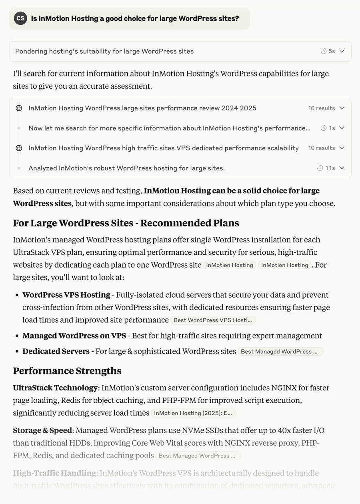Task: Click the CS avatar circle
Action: [x=20, y=18]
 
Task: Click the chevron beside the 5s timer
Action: [x=342, y=51]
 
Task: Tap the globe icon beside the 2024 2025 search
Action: [x=19, y=108]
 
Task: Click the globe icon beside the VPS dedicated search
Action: [x=19, y=148]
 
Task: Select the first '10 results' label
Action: [x=321, y=108]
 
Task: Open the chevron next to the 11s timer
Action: [x=342, y=168]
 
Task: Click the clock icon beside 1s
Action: [x=324, y=128]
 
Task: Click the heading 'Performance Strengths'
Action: [x=67, y=371]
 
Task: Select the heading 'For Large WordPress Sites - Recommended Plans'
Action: [x=126, y=223]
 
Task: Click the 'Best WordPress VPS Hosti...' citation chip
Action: [x=213, y=320]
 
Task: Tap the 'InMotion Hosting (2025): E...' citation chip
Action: [x=193, y=413]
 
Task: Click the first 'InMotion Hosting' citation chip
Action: [x=229, y=265]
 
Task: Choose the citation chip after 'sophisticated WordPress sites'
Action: [x=280, y=351]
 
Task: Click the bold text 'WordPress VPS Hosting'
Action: [x=66, y=295]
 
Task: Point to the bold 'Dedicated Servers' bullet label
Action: [x=56, y=351]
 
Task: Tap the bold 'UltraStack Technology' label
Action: [x=55, y=388]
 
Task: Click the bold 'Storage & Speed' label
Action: [x=42, y=430]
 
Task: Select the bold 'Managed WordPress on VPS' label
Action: [x=74, y=336]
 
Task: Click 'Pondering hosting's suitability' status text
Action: [x=104, y=51]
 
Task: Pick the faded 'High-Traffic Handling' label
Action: [x=54, y=473]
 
